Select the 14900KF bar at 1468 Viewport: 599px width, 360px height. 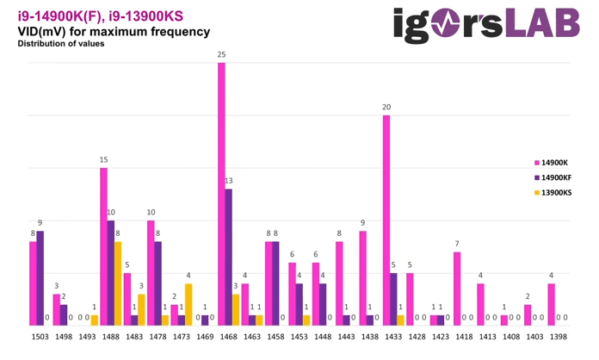(x=228, y=257)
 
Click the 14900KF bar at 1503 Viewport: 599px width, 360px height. (x=40, y=277)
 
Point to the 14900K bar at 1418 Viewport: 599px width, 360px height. (x=457, y=288)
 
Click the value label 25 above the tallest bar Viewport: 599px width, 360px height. (x=221, y=55)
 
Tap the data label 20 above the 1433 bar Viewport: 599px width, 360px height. (x=386, y=108)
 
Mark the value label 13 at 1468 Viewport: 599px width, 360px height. (x=228, y=181)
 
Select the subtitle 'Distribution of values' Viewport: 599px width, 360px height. (x=61, y=44)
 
